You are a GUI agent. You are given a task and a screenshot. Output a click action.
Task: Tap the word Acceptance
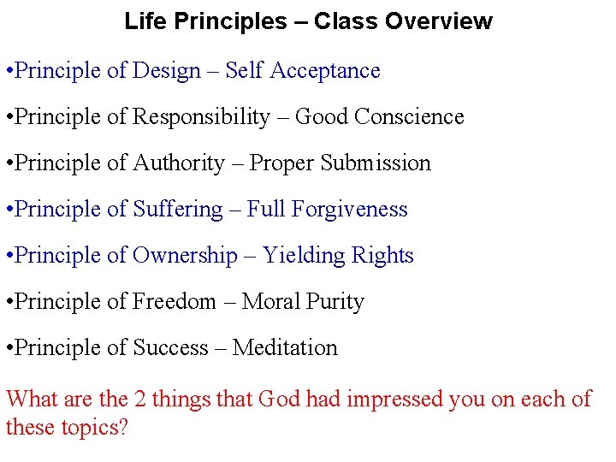[x=325, y=71]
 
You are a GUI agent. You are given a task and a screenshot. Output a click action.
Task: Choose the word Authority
[x=179, y=163]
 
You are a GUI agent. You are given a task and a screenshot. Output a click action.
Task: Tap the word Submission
[x=376, y=163]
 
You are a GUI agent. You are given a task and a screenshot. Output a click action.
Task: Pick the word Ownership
[x=186, y=256]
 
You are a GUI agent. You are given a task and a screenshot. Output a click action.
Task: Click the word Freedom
[x=175, y=302]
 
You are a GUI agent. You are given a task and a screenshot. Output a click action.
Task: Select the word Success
[x=171, y=348]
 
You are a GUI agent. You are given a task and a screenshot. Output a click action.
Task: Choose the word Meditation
[x=285, y=348]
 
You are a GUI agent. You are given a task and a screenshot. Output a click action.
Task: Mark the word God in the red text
[x=279, y=400]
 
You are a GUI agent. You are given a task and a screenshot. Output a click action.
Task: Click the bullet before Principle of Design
[x=9, y=71]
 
